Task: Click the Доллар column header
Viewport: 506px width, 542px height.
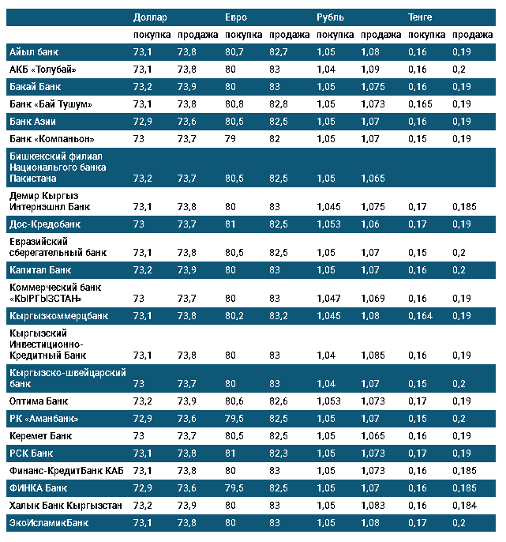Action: (150, 17)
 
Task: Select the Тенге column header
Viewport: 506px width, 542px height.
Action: (420, 17)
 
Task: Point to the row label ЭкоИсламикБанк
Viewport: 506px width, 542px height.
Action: (48, 523)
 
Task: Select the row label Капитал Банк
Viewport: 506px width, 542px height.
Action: (39, 270)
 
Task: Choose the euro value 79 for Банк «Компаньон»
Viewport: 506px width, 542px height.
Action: (231, 139)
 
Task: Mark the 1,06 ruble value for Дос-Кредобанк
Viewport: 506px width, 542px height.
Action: (369, 224)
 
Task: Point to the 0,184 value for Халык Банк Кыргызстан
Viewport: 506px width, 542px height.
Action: (465, 505)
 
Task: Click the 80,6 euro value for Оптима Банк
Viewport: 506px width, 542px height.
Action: (234, 401)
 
